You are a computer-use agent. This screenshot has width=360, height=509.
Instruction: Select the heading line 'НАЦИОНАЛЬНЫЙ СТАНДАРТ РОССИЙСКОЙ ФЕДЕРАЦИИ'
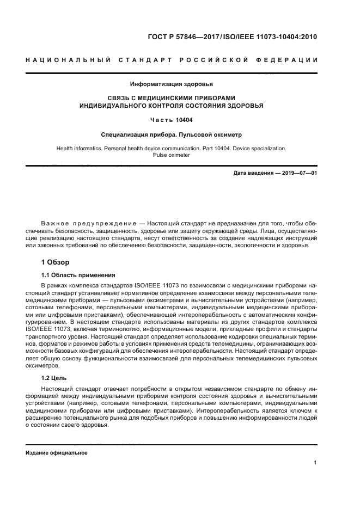click(x=172, y=59)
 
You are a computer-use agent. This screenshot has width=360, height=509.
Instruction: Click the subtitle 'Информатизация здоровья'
click(x=171, y=84)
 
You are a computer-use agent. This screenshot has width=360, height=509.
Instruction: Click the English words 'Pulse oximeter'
click(x=171, y=155)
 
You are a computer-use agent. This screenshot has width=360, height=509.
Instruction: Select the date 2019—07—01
click(x=297, y=173)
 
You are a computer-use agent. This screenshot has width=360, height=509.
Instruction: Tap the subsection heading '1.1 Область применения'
click(x=78, y=275)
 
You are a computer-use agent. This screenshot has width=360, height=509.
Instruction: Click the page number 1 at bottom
click(x=315, y=463)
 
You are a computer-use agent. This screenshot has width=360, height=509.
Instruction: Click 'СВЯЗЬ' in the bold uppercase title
click(x=120, y=99)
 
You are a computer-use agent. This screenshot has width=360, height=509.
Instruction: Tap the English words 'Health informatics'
click(x=80, y=148)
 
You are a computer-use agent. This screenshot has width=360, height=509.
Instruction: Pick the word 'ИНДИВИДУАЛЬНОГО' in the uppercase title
click(x=112, y=106)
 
